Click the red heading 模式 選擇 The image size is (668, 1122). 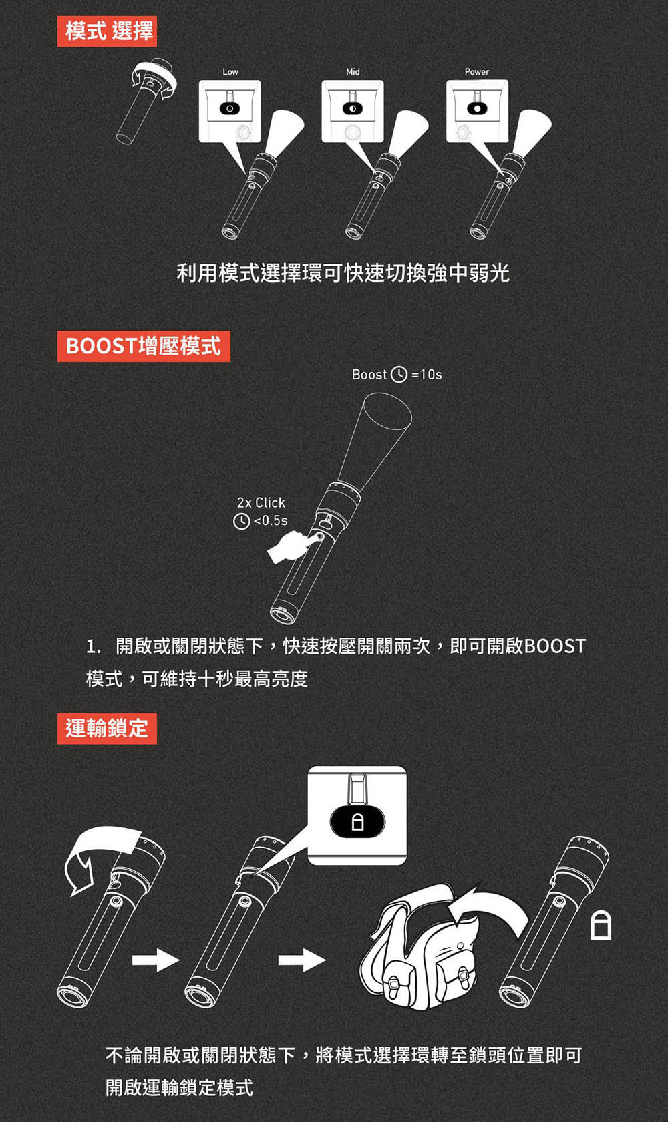pyautogui.click(x=107, y=31)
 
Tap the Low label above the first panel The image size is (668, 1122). pyautogui.click(x=230, y=72)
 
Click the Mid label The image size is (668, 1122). pyautogui.click(x=353, y=72)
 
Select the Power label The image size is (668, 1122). pyautogui.click(x=476, y=72)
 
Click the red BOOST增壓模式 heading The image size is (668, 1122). pyautogui.click(x=144, y=346)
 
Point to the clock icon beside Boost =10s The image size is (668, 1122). pyautogui.click(x=399, y=375)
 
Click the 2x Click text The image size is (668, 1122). pyautogui.click(x=261, y=502)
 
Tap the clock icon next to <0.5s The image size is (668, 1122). pyautogui.click(x=242, y=521)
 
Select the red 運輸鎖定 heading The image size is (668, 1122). pyautogui.click(x=107, y=728)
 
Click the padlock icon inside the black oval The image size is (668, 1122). pyautogui.click(x=357, y=822)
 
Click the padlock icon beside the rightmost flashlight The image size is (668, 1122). pyautogui.click(x=601, y=926)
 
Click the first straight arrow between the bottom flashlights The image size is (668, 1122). pyautogui.click(x=156, y=960)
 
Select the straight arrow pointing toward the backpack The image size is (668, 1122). pyautogui.click(x=302, y=960)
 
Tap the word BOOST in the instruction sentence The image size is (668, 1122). pyautogui.click(x=555, y=646)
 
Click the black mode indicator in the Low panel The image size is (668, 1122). pyautogui.click(x=230, y=108)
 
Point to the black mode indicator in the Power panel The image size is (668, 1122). pyautogui.click(x=477, y=108)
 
